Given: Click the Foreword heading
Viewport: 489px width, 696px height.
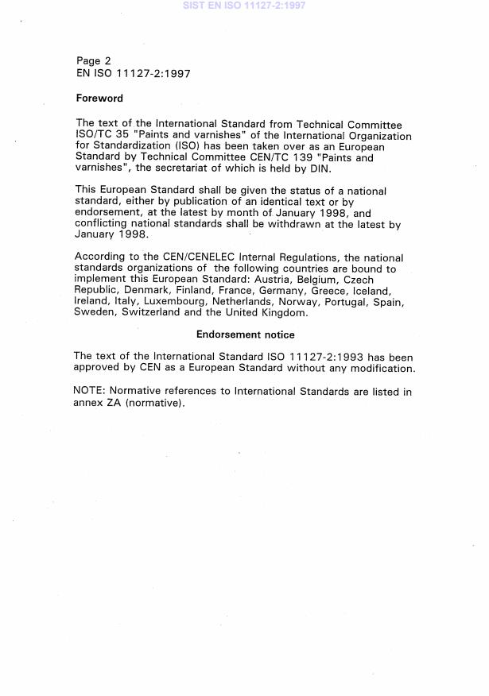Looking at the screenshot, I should [x=99, y=99].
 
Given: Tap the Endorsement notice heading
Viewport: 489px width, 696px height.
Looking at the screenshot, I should [x=246, y=334].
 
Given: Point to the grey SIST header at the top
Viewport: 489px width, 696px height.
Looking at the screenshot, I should [x=244, y=6].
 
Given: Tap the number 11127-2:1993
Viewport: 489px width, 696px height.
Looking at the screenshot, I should [x=323, y=357].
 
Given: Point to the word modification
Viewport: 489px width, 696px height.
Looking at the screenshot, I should [x=382, y=368].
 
